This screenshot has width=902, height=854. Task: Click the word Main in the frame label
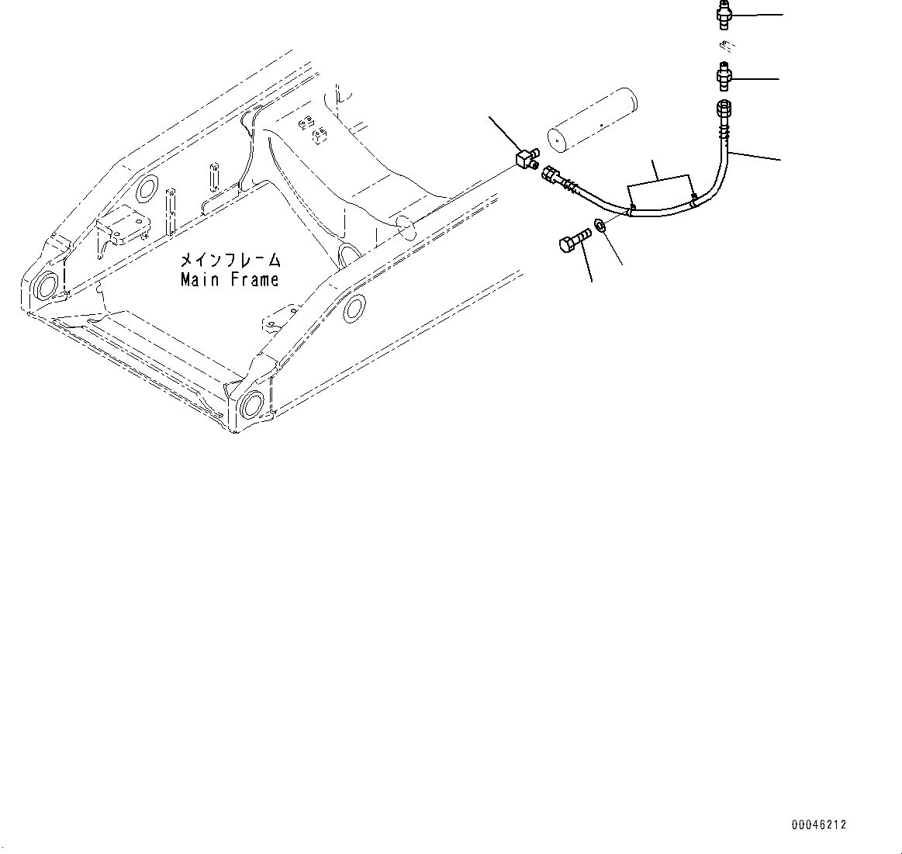pyautogui.click(x=200, y=280)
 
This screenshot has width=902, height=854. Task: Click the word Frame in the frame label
pyautogui.click(x=254, y=280)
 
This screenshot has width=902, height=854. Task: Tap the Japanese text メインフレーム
pyautogui.click(x=230, y=261)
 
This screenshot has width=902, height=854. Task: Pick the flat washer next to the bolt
pyautogui.click(x=600, y=226)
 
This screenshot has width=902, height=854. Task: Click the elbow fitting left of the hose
pyautogui.click(x=527, y=159)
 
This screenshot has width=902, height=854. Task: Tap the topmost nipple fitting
pyautogui.click(x=723, y=14)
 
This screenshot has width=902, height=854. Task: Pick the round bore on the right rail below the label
pyautogui.click(x=354, y=309)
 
